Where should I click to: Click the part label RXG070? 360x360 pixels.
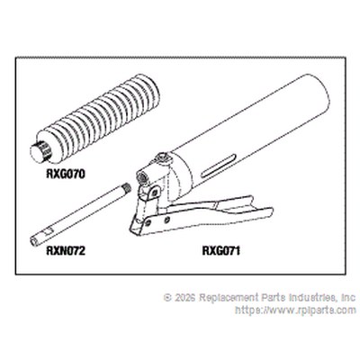[66, 174]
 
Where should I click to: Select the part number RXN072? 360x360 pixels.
[66, 250]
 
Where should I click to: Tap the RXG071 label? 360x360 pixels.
[221, 250]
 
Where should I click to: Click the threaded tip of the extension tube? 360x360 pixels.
[128, 188]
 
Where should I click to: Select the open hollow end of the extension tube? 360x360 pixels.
[34, 241]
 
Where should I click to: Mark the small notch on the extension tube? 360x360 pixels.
[48, 231]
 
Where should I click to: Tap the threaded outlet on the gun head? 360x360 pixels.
[140, 177]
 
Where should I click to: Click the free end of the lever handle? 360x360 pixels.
[262, 210]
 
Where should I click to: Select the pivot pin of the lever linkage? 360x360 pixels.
[155, 192]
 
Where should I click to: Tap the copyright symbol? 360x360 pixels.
[167, 298]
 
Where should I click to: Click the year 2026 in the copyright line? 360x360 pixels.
[184, 298]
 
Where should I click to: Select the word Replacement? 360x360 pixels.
[229, 298]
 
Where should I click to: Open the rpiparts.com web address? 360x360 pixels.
[296, 310]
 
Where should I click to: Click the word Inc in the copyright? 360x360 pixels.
[348, 298]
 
